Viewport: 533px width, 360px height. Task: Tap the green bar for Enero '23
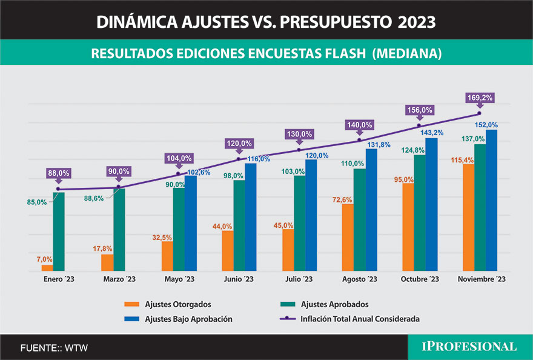(59, 231)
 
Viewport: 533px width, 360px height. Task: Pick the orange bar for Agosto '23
(348, 237)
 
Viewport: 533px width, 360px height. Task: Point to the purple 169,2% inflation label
(479, 97)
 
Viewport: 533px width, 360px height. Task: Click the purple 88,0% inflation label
(59, 173)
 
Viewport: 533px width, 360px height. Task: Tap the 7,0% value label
(44, 259)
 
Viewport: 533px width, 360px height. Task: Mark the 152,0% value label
(486, 125)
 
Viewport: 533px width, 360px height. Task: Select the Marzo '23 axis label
(119, 279)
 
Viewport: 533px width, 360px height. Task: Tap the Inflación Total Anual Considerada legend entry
(360, 318)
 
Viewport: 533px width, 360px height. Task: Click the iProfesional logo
(470, 347)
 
